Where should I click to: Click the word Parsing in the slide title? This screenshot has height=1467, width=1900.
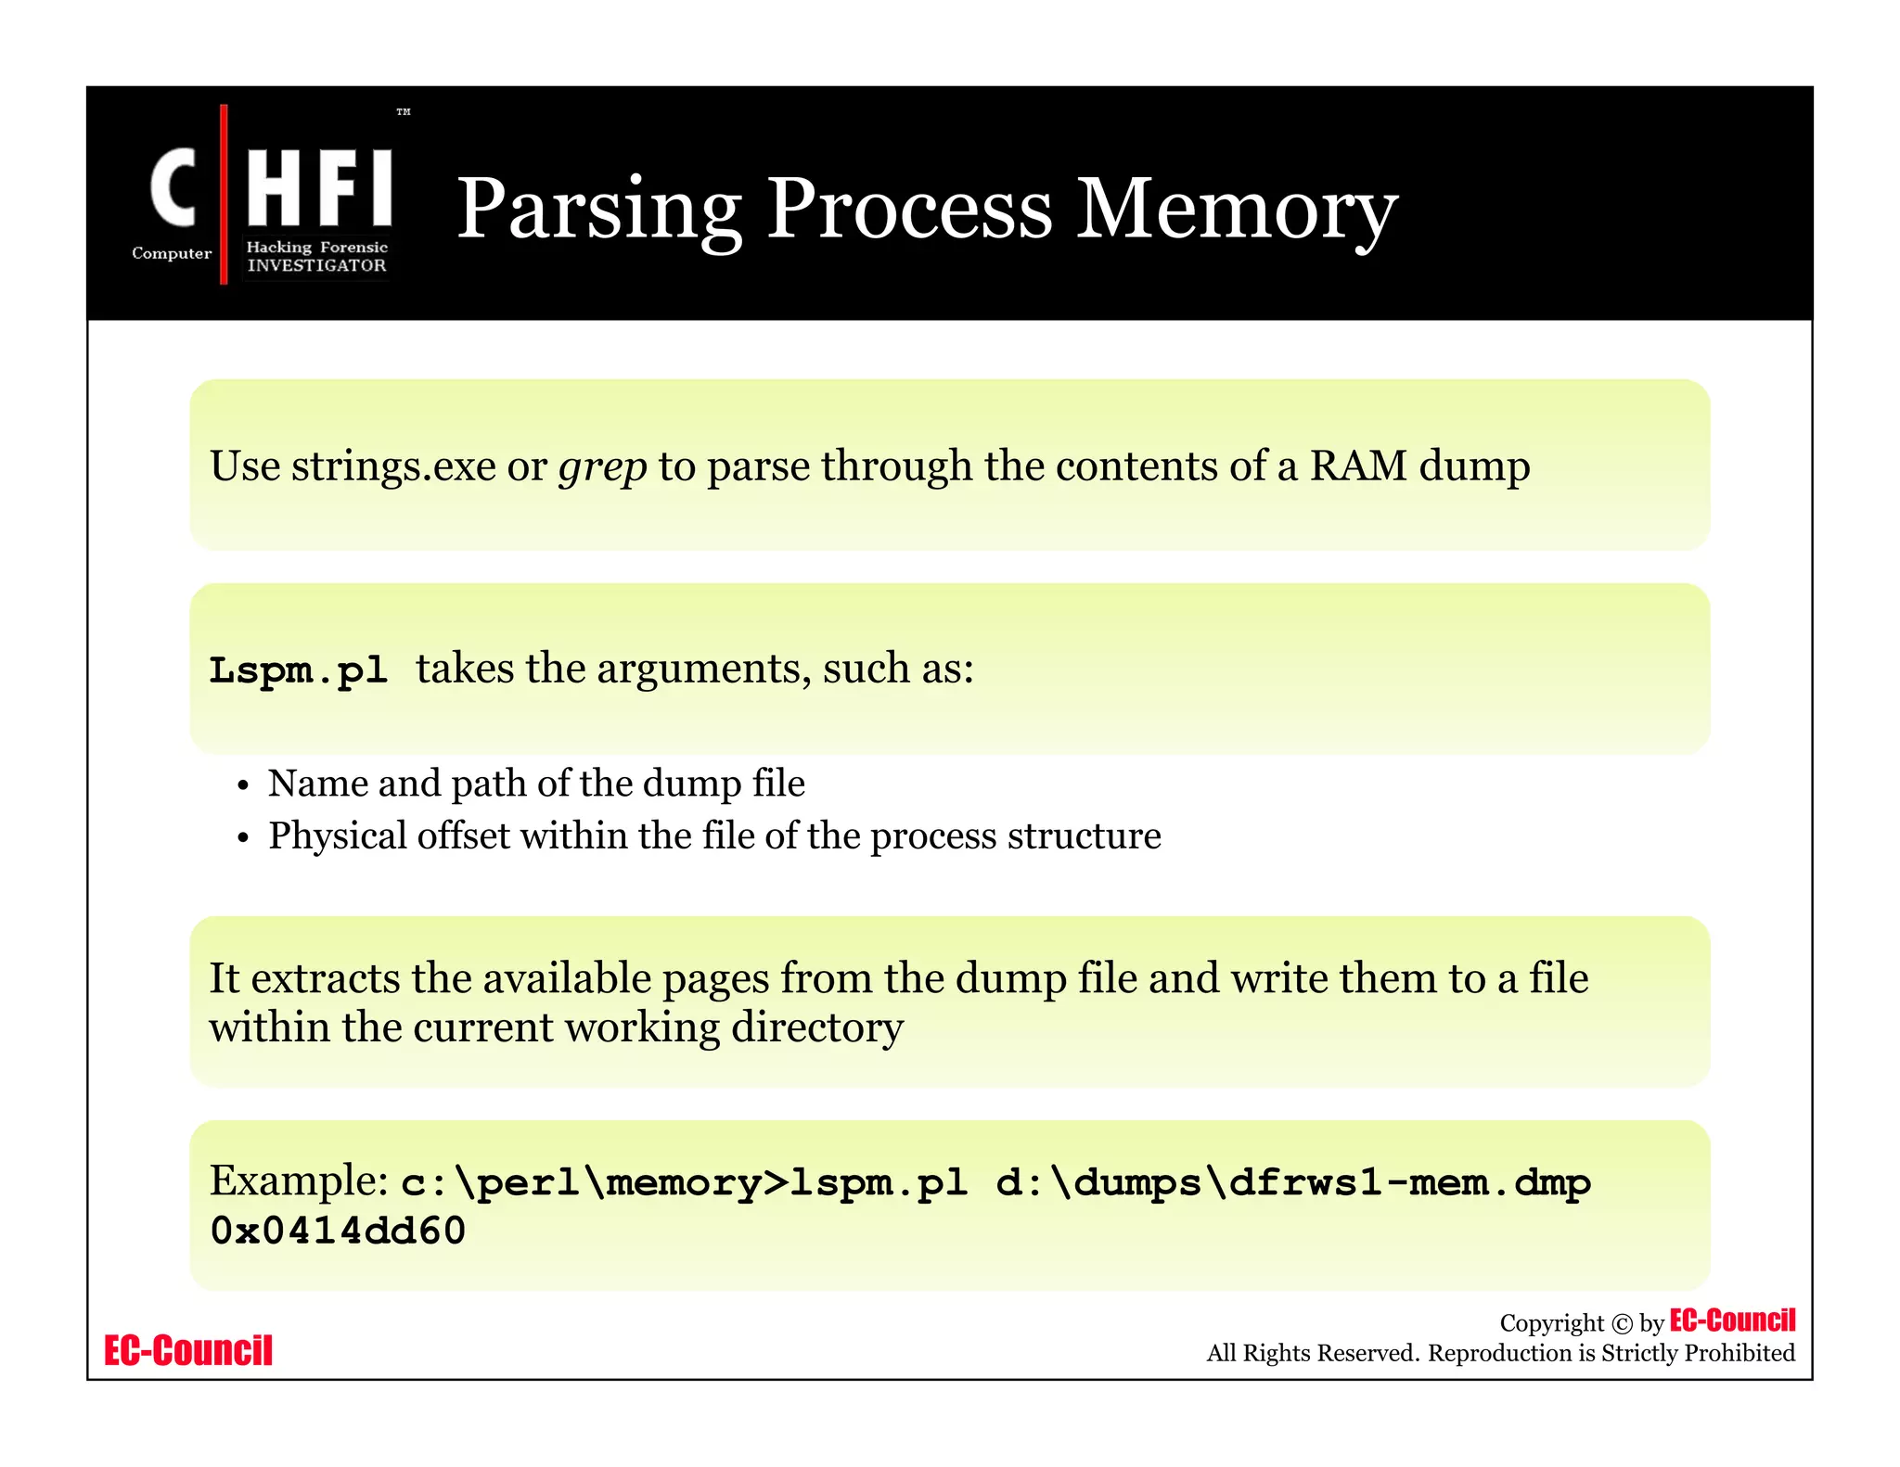[598, 210]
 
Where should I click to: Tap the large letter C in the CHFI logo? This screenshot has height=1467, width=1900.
[173, 188]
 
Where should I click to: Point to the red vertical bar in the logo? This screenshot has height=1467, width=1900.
[224, 195]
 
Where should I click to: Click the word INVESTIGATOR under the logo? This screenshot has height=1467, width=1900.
[316, 265]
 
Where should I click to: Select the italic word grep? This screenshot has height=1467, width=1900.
[602, 466]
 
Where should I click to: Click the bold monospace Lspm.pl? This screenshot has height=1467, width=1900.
[298, 670]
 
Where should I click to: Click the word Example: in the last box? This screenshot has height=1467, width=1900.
[298, 1180]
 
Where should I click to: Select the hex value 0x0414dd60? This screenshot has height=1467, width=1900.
[338, 1231]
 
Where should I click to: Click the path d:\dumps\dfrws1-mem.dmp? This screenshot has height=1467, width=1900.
[1292, 1182]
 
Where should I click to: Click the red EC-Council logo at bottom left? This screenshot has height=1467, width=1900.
[188, 1351]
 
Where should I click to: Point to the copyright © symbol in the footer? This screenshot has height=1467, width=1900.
[1622, 1324]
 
